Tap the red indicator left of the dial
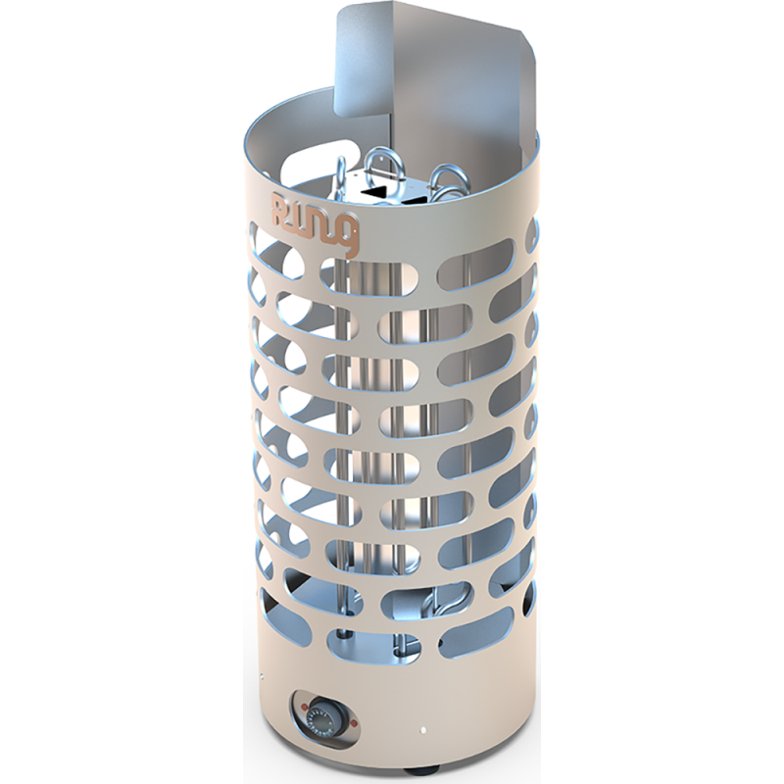tap(304, 706)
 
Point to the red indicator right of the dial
tap(353, 723)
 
